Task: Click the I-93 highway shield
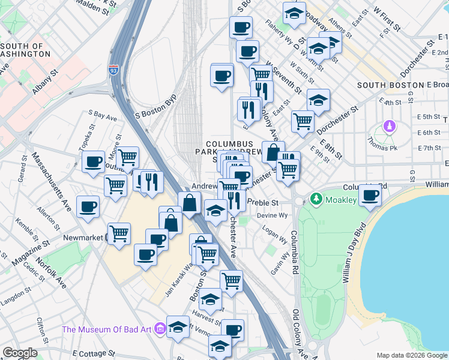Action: coord(113,70)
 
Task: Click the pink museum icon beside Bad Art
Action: coord(160,328)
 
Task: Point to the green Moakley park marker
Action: coord(315,198)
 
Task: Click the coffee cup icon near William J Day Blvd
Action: coord(371,196)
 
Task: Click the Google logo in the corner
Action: coord(20,353)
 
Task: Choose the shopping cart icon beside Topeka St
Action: coord(127,158)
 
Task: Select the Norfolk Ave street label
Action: coord(53,273)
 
